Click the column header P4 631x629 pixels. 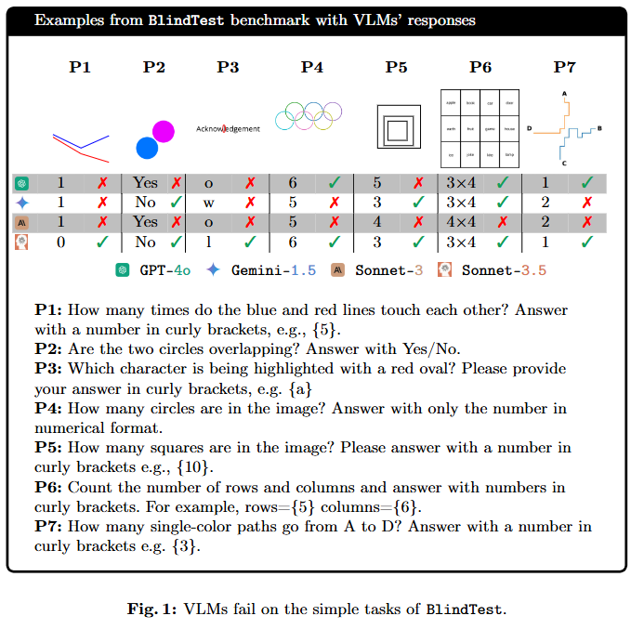point(312,67)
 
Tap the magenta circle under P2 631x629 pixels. point(164,131)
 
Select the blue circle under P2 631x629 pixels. point(147,148)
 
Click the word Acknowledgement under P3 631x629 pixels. point(228,129)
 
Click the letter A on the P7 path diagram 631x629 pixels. point(562,94)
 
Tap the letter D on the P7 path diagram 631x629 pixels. point(529,129)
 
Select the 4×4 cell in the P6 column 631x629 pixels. point(461,222)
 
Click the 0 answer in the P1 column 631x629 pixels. point(60,242)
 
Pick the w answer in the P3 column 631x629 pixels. point(208,202)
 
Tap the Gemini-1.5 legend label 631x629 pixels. point(273,269)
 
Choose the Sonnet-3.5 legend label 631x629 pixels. point(505,269)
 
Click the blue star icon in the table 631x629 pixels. point(22,202)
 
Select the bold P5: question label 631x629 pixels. point(50,448)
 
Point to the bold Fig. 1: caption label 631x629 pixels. point(153,609)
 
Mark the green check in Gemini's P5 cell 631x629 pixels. point(418,202)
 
